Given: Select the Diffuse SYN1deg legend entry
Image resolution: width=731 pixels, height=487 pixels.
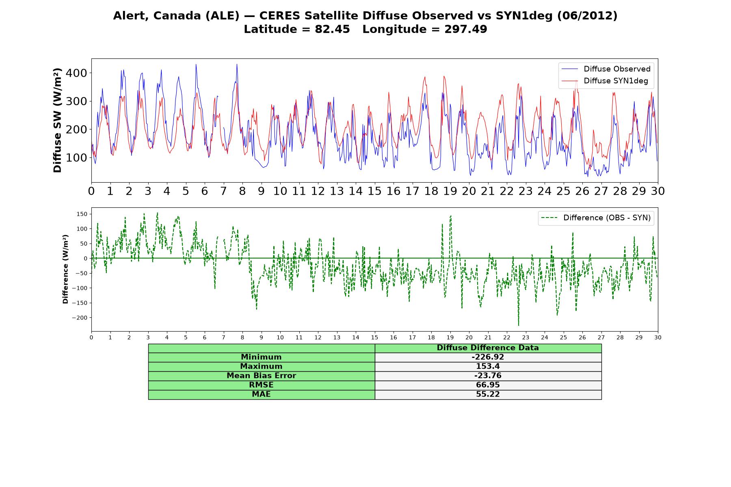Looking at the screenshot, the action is [x=605, y=81].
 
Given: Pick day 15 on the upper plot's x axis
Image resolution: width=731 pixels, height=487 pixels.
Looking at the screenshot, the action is [x=374, y=191].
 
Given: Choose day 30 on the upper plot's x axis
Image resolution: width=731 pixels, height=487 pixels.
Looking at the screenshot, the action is [x=657, y=191].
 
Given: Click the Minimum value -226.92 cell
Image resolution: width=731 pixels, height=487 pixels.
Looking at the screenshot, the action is [x=488, y=357].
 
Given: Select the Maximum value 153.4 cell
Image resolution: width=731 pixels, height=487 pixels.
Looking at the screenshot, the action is [x=488, y=366].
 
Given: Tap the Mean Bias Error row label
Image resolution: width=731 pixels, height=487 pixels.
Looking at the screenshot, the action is [x=261, y=376].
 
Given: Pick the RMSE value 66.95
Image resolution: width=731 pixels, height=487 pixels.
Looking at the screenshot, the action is [x=488, y=385].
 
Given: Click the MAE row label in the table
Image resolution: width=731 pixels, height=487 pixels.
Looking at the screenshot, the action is [x=261, y=394].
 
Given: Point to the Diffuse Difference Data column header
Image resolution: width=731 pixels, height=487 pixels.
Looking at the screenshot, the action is [x=488, y=348].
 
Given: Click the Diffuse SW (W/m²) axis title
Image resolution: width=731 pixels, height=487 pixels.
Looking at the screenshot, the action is [x=58, y=120].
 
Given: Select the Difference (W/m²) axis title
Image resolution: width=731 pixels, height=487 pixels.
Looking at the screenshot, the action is [x=65, y=269].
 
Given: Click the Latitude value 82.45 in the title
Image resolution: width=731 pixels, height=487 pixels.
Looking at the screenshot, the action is [x=332, y=29].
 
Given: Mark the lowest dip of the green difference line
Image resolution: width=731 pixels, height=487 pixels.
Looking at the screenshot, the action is [x=518, y=325].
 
